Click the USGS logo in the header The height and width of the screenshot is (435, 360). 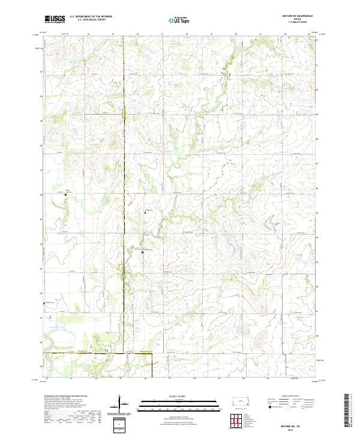pyautogui.click(x=55, y=20)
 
